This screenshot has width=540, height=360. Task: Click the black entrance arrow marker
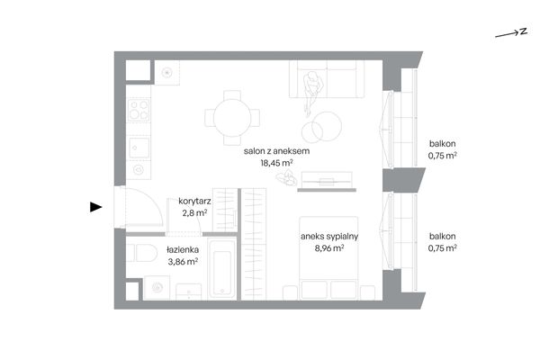[95, 207]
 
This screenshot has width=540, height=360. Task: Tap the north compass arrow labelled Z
[511, 33]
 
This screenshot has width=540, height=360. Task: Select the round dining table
[232, 118]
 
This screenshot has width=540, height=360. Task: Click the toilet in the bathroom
[142, 253]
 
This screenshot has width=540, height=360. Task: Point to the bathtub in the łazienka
[222, 270]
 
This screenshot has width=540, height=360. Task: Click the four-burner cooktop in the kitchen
[139, 110]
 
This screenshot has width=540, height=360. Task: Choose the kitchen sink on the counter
[139, 148]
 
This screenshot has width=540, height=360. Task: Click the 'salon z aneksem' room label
[276, 151]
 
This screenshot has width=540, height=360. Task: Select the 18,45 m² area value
[276, 163]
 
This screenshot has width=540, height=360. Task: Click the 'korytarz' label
[194, 202]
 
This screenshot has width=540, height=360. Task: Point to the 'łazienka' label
[183, 250]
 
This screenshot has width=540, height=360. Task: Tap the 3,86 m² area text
[183, 262]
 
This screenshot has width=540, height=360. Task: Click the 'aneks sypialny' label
[329, 237]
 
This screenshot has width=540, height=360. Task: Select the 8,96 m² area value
[329, 248]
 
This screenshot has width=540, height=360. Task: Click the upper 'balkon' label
[443, 144]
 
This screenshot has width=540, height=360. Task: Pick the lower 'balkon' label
[443, 237]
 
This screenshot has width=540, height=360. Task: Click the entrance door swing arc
[153, 199]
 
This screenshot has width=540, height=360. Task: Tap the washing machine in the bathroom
[157, 288]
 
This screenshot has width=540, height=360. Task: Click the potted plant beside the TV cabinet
[286, 177]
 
